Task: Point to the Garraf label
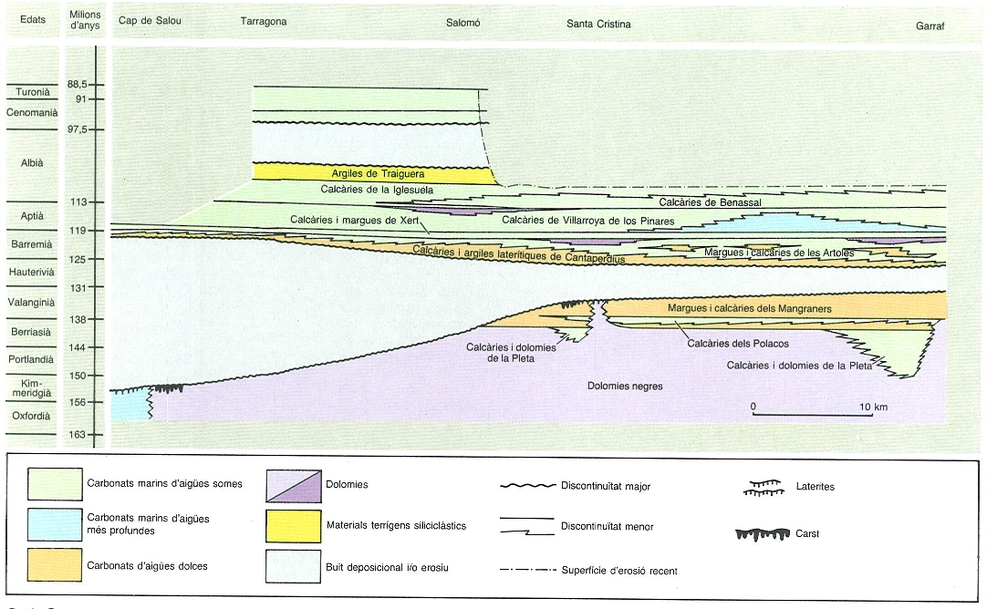pos(930,26)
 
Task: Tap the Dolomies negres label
pos(624,387)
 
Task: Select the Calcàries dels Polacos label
pos(738,344)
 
